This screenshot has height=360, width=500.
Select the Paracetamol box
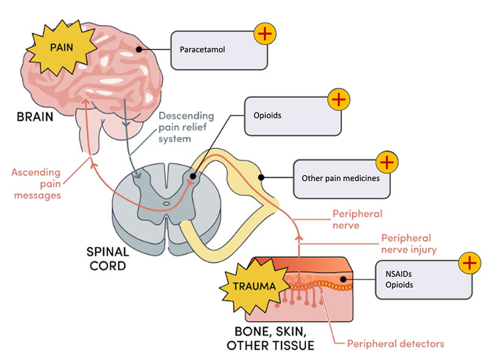[219, 49]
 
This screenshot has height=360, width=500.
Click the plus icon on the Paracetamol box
[264, 34]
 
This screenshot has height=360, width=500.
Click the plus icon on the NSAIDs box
[468, 262]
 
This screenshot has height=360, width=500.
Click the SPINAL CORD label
[109, 259]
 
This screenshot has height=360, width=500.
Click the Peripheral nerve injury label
[406, 244]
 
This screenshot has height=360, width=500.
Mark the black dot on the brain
[139, 49]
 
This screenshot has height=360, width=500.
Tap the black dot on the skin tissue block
[343, 280]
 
